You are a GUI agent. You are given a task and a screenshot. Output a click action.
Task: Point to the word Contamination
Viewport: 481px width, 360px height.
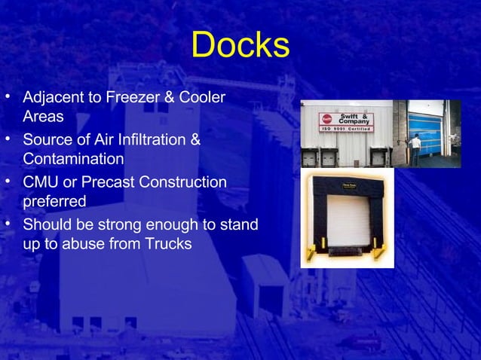click(x=73, y=160)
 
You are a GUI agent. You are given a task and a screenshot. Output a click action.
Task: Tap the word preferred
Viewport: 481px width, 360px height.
click(x=54, y=202)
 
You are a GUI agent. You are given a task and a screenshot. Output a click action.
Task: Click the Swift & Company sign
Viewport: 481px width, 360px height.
click(x=346, y=121)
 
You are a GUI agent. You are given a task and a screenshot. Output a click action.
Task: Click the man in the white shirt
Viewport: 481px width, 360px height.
click(x=415, y=150)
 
